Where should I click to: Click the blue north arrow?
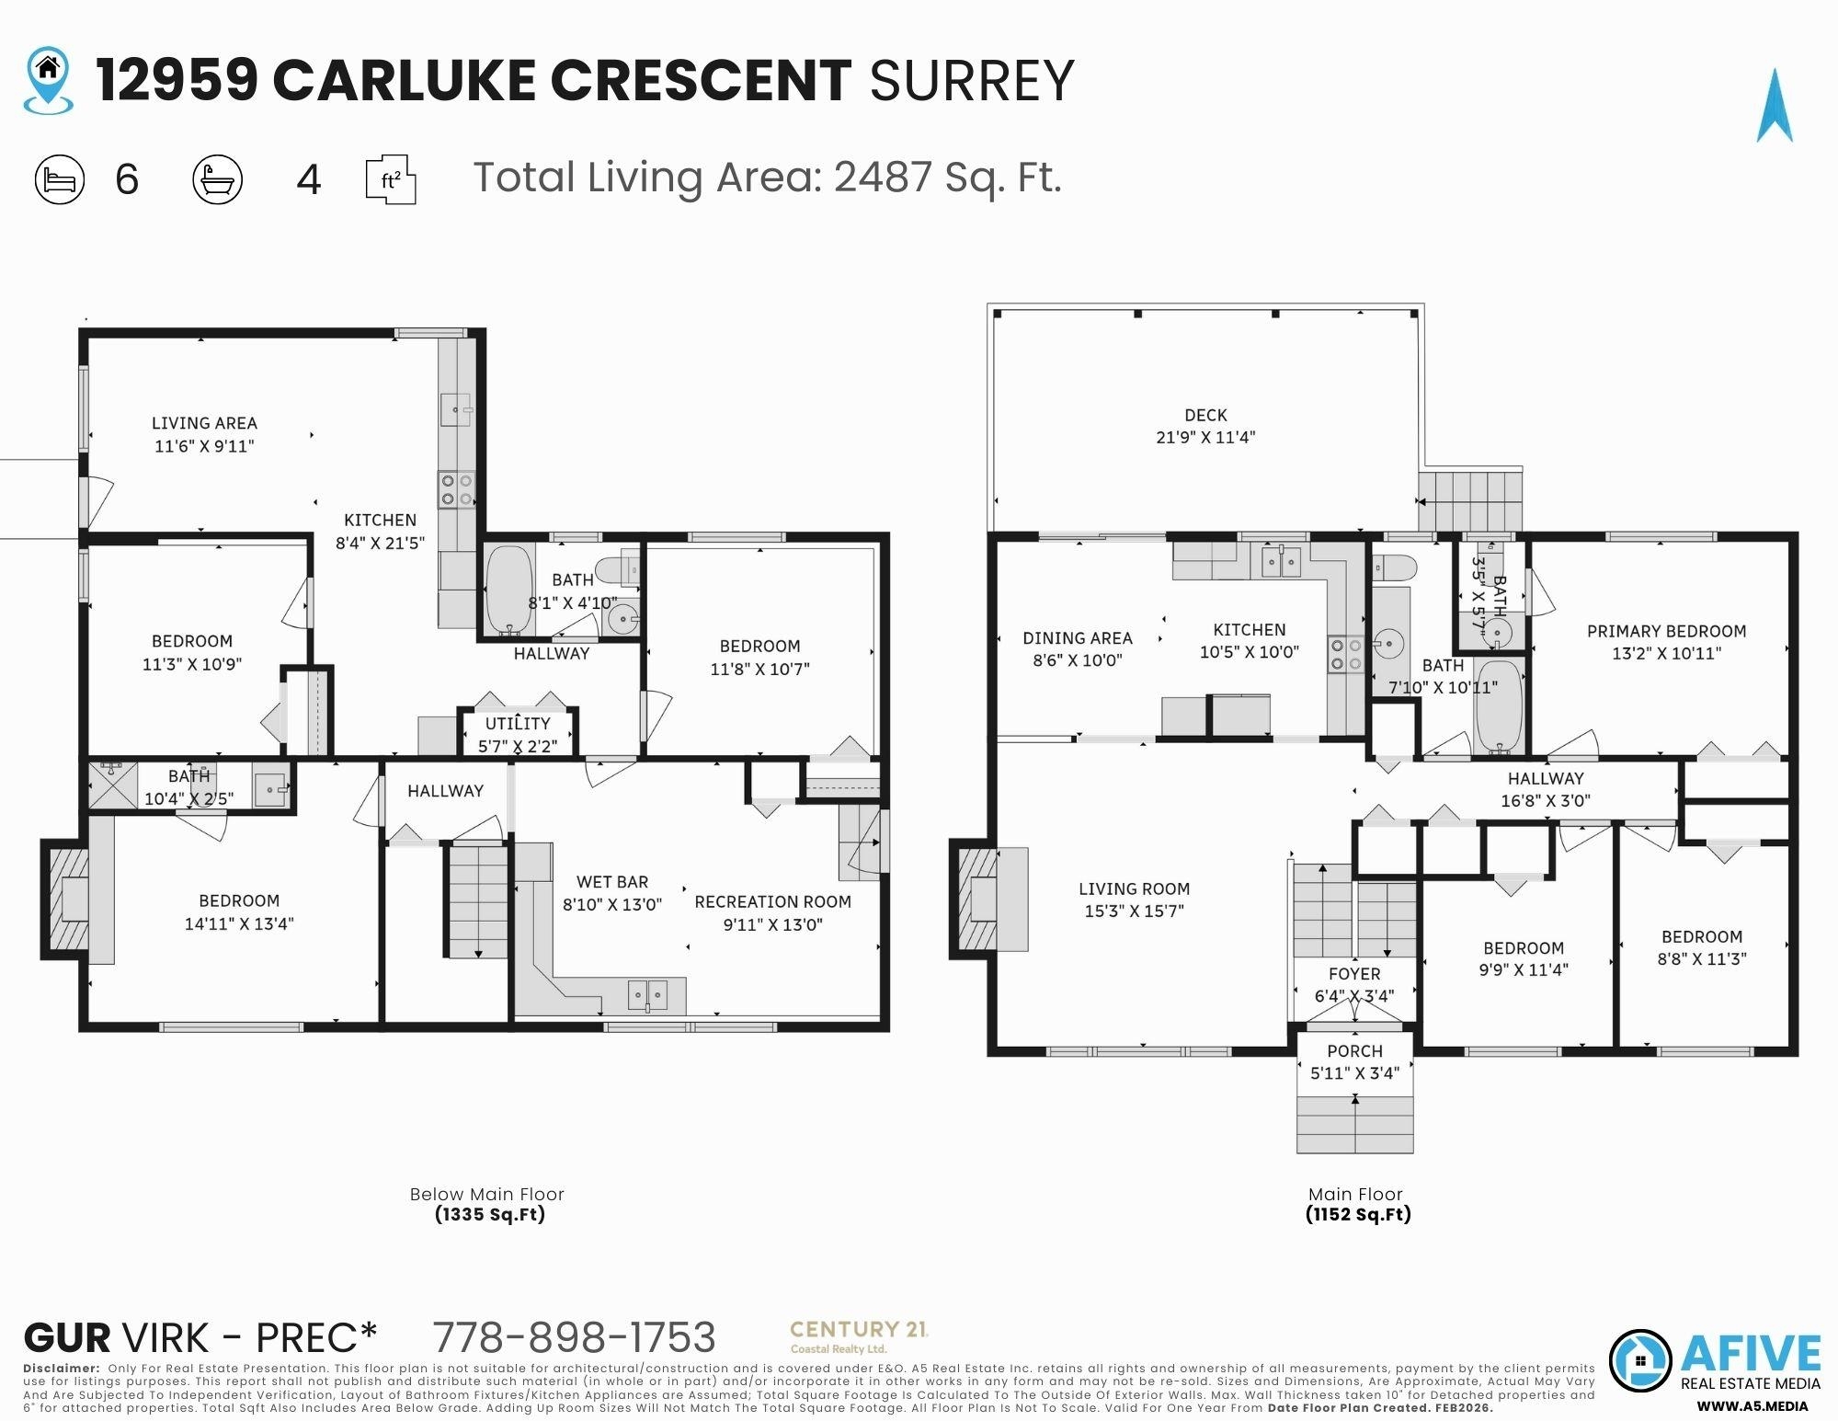click(1774, 109)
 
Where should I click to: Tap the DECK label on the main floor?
click(1205, 416)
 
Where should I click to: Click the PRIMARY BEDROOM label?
click(1666, 632)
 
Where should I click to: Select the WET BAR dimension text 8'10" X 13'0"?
click(612, 905)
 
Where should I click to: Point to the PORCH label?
click(1354, 1051)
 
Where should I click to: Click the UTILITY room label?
click(518, 724)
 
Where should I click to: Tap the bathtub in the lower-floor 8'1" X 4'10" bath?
click(508, 590)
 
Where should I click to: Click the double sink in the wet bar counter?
click(647, 994)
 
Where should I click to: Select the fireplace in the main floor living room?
click(978, 900)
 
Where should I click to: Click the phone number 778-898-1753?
click(574, 1338)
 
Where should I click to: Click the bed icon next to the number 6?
click(60, 179)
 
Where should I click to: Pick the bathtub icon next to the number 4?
click(218, 179)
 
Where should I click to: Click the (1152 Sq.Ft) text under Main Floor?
click(1357, 1215)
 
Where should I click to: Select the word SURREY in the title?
click(971, 81)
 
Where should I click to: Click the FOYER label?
click(1354, 974)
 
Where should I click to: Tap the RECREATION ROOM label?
click(772, 902)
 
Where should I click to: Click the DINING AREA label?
click(1077, 638)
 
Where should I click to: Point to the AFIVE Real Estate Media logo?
click(1715, 1361)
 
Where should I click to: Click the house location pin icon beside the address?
click(48, 81)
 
